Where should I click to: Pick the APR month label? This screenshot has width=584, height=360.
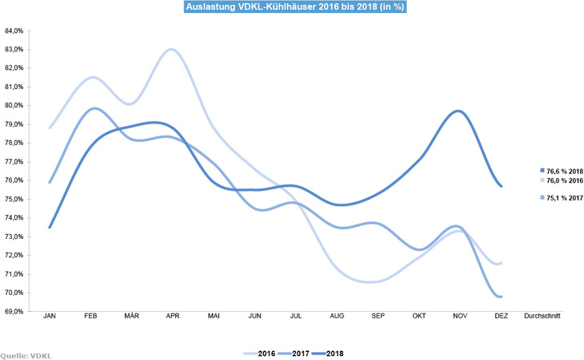pyautogui.click(x=172, y=318)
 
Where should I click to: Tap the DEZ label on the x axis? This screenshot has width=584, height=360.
pyautogui.click(x=501, y=318)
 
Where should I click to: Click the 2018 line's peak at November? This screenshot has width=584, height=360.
pyautogui.click(x=458, y=111)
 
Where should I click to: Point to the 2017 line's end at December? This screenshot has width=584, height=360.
pyautogui.click(x=502, y=297)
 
